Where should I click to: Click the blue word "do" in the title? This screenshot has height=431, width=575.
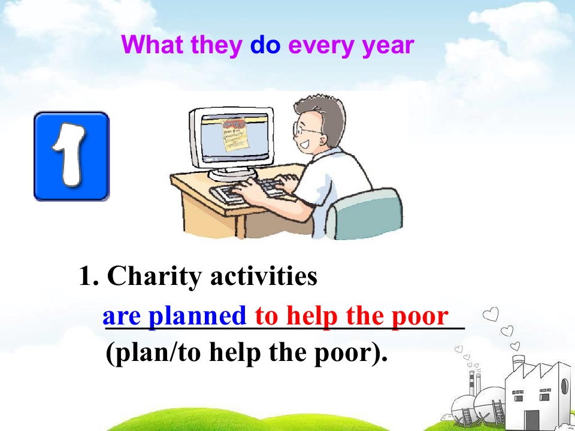click(x=265, y=45)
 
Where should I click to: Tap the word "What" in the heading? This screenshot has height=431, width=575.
click(x=153, y=45)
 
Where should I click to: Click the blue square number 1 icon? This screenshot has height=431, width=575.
click(x=71, y=156)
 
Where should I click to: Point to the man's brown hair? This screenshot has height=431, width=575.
click(x=317, y=108)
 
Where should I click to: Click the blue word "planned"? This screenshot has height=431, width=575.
click(x=197, y=316)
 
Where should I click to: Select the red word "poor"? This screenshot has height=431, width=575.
click(x=419, y=316)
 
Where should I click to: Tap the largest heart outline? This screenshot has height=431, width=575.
click(x=491, y=314)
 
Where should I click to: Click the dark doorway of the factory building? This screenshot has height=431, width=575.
click(x=531, y=420)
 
